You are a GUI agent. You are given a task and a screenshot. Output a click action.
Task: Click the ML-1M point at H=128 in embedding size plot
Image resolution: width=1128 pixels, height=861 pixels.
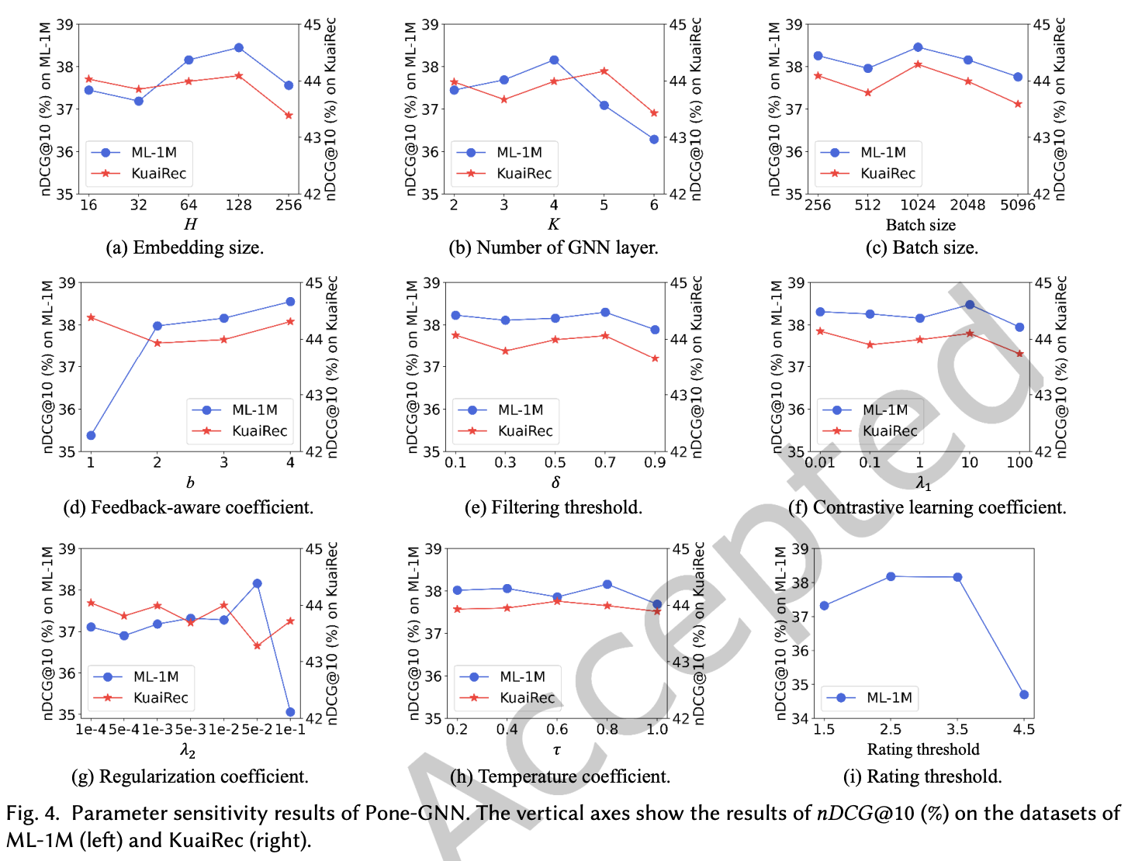[238, 48]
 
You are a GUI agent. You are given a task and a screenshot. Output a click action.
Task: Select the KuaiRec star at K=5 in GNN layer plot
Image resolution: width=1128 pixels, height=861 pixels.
[604, 71]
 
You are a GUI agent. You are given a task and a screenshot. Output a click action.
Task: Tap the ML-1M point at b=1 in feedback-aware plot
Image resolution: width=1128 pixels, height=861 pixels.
[91, 435]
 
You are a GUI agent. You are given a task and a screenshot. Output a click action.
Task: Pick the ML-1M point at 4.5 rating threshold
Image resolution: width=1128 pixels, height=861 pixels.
[1024, 694]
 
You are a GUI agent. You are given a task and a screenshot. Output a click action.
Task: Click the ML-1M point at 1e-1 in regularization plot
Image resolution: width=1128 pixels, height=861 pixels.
[290, 711]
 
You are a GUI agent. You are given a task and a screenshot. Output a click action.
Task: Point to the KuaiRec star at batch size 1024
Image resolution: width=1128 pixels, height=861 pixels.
[918, 64]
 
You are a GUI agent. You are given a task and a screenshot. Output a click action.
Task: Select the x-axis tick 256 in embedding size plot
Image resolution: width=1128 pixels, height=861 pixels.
[289, 205]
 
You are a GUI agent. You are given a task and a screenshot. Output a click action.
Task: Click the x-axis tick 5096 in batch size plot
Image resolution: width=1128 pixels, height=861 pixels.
[1018, 205]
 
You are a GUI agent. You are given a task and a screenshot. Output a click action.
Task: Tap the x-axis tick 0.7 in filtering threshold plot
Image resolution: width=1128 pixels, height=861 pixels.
[605, 462]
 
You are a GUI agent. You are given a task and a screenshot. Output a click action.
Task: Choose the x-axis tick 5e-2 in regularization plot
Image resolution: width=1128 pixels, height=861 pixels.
[257, 729]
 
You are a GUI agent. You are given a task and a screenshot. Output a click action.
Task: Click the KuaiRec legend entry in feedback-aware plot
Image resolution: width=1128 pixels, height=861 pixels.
[259, 430]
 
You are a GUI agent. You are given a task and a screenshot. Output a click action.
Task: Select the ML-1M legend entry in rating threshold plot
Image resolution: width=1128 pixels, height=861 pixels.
[889, 697]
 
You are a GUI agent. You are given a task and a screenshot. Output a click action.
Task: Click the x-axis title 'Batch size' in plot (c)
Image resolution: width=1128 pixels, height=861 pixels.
[921, 225]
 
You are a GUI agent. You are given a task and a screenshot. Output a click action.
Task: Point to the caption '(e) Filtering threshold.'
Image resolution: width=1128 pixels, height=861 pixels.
[553, 507]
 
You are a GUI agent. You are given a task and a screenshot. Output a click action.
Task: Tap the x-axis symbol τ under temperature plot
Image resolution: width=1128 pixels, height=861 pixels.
[556, 750]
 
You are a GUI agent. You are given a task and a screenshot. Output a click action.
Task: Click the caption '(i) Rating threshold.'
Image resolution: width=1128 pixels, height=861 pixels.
[922, 776]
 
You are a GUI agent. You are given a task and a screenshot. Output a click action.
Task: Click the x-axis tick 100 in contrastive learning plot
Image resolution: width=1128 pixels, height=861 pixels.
[1019, 462]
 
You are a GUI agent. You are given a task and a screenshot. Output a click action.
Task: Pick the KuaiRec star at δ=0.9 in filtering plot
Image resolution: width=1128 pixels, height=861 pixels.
[655, 358]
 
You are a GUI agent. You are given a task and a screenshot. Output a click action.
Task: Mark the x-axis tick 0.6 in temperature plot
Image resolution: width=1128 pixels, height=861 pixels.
[557, 729]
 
